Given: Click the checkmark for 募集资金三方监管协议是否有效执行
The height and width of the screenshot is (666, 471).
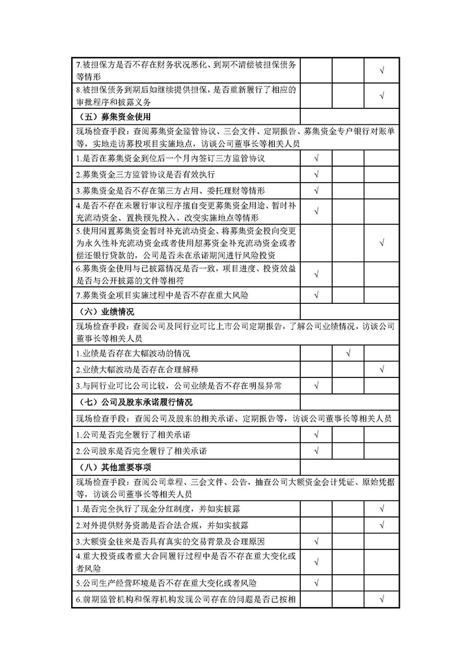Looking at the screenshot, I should click(317, 175).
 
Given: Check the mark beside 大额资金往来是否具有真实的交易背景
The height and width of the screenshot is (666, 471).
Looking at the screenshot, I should click(317, 541).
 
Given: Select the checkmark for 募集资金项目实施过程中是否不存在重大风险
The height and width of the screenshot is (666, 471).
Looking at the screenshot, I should click(317, 293).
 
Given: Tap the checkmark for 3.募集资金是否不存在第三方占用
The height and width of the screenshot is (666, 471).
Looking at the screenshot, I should click(317, 191).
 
